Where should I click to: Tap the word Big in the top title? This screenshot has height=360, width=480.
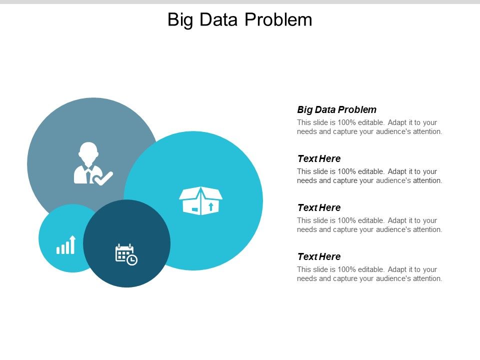coord(180,19)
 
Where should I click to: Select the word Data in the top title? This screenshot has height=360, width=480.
coord(218,19)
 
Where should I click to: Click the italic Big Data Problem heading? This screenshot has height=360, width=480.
coord(336,109)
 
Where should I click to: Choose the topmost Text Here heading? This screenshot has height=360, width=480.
coord(319,158)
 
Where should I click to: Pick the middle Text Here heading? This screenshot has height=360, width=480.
coord(319,207)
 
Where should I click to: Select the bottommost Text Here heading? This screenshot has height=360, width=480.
coord(319,256)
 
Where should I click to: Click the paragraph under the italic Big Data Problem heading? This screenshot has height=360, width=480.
coord(369,127)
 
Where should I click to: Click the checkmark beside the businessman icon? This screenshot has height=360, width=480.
coord(104,178)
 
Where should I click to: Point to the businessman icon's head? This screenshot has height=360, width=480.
coord(88,151)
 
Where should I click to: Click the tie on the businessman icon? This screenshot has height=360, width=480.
coord(88,174)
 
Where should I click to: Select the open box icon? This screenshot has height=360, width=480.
coord(200,200)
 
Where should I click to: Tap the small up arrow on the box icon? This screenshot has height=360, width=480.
coord(210,206)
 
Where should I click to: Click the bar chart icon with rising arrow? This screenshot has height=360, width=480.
coord(66,245)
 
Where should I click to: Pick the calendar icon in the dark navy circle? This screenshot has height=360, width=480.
coord(125,254)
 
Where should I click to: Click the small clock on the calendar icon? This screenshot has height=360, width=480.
coord(132,260)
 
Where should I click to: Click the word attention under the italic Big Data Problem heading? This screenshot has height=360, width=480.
coord(426,132)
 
